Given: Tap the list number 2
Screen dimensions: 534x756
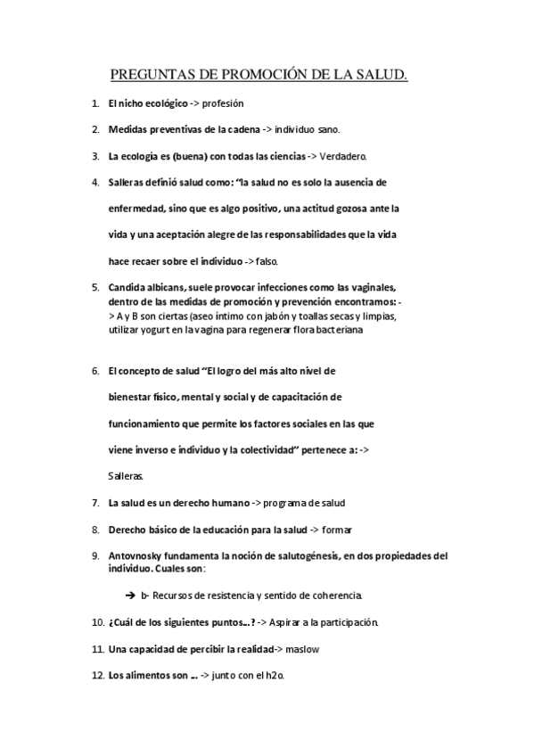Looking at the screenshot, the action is (x=94, y=129).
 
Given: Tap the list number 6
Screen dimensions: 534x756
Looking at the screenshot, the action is (x=94, y=370).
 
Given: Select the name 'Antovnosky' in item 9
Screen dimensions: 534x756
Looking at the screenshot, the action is (x=136, y=555).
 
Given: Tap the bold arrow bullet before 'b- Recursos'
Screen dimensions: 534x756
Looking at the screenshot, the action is (x=130, y=595).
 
